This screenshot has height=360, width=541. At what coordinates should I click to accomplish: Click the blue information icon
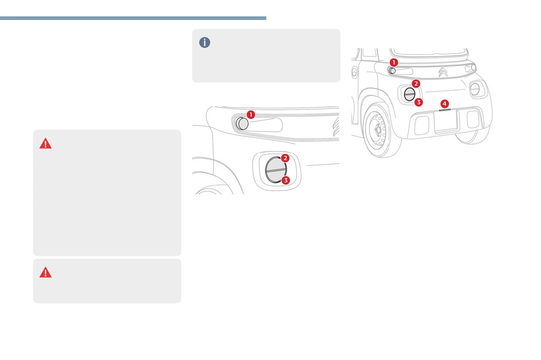204,42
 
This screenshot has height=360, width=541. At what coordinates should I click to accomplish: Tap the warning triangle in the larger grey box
45,143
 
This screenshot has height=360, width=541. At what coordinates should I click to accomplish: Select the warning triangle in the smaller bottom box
45,272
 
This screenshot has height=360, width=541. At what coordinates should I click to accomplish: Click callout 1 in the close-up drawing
251,114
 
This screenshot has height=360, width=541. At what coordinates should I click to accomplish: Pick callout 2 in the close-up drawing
285,158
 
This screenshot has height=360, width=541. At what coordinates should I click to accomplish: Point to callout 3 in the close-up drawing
286,180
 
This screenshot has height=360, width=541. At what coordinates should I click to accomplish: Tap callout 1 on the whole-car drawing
394,62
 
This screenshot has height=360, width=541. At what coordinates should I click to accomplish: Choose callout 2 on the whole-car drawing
416,84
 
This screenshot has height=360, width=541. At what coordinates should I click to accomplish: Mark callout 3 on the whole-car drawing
419,102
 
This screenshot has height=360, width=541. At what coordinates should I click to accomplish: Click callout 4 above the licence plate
445,104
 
